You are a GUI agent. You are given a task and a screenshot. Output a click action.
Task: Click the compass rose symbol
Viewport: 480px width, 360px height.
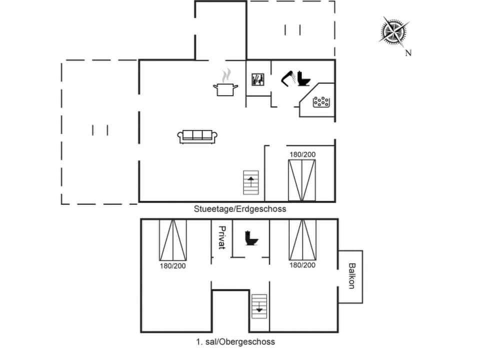click(393, 31)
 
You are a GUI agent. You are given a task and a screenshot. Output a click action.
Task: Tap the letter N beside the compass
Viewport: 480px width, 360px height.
click(408, 53)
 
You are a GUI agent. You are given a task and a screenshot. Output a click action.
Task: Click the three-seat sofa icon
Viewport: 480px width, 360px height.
click(197, 136)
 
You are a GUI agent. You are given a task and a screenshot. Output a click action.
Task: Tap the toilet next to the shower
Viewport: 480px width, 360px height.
click(303, 79)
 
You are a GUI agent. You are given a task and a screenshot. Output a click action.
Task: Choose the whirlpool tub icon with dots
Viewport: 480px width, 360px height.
click(320, 102)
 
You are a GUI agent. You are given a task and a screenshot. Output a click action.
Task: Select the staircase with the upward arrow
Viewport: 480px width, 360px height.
click(251, 182)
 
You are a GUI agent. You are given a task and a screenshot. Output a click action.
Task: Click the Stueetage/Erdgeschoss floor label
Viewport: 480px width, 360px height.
click(240, 209)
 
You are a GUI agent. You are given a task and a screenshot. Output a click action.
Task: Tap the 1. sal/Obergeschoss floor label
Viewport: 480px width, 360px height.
click(235, 342)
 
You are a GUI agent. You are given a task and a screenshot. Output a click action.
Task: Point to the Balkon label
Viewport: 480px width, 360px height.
click(351, 276)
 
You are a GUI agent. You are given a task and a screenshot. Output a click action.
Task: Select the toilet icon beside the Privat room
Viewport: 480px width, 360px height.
click(251, 237)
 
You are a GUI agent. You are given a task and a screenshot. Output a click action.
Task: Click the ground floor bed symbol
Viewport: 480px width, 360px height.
click(302, 180)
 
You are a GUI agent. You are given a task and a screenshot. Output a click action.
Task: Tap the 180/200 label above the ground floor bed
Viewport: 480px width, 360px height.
click(302, 154)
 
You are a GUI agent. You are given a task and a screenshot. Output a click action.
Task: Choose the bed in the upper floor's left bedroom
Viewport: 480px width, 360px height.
click(172, 239)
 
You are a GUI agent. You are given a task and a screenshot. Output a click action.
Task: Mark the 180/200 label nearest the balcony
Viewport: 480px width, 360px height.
click(302, 265)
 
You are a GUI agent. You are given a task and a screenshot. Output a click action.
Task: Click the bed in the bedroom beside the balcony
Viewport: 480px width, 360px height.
click(302, 239)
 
